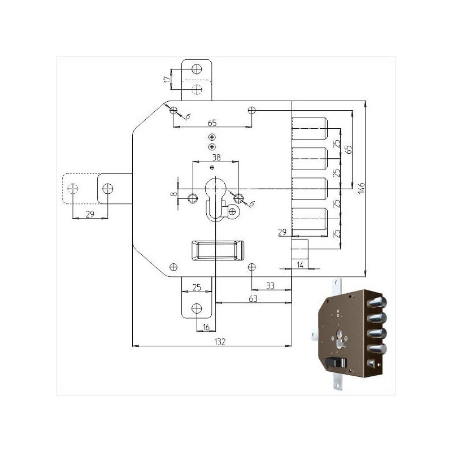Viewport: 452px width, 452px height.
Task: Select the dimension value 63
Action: point(252,299)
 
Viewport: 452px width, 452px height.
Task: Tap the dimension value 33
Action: point(270,286)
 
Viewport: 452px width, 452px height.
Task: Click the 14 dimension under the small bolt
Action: point(300,264)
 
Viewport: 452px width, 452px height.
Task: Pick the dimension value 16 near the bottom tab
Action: point(206,327)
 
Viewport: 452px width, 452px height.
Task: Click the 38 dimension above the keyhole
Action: point(215,158)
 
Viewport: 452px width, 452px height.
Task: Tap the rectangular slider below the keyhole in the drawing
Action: point(216,249)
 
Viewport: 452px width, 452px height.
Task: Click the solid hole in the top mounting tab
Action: point(197,69)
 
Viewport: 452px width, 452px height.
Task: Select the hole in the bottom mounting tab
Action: point(197,308)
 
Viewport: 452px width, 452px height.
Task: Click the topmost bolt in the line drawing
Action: point(309,128)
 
